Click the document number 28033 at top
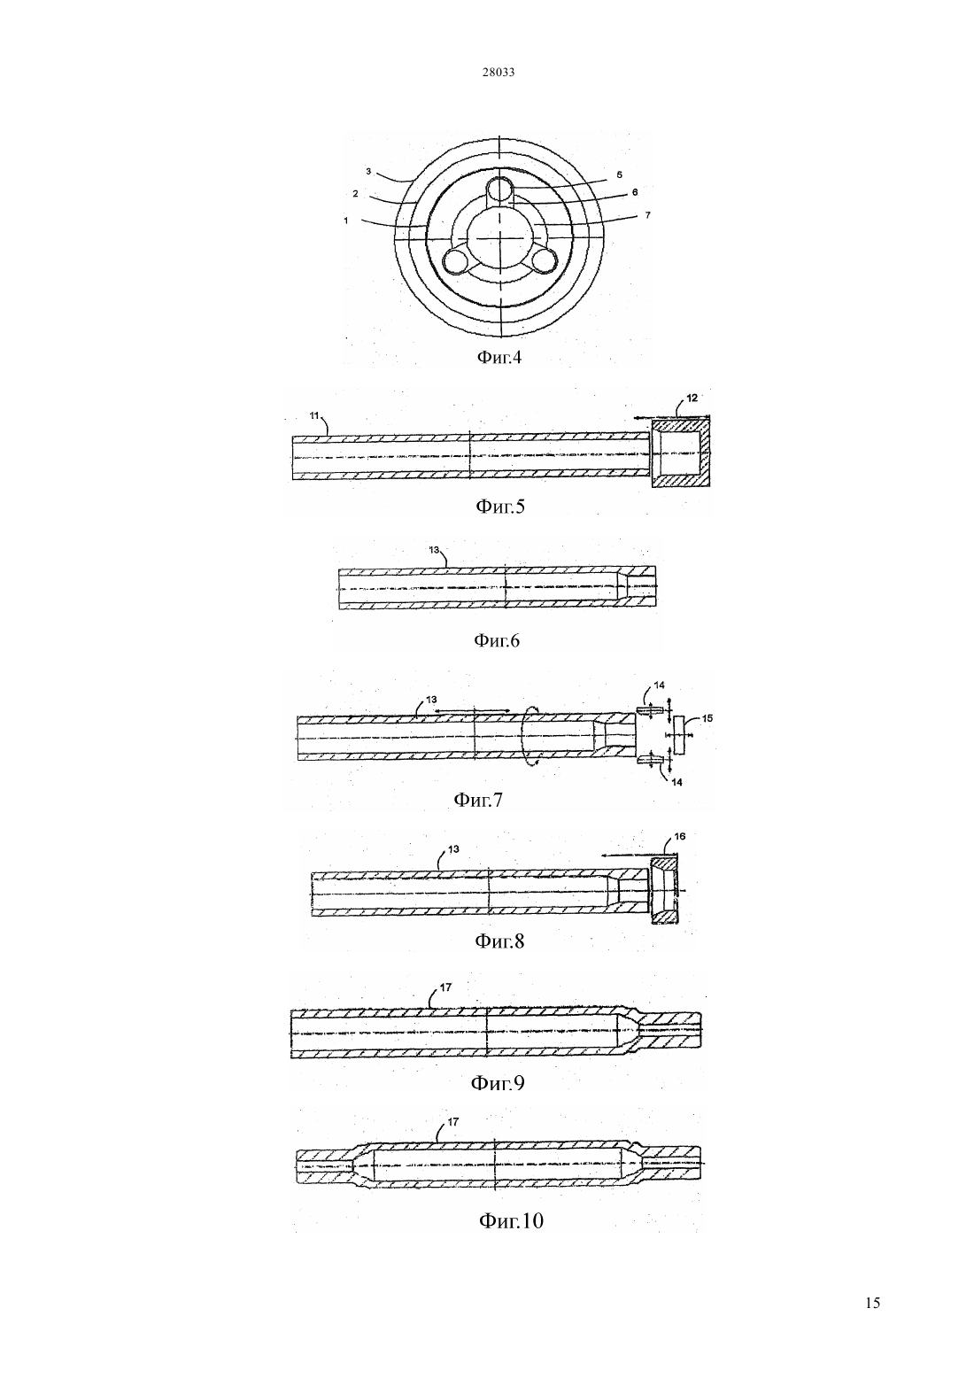click(498, 73)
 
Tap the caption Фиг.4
click(499, 358)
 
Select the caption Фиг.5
click(500, 507)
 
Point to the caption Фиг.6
click(496, 640)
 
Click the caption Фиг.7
click(478, 799)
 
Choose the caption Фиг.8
click(499, 941)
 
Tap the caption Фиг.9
click(498, 1082)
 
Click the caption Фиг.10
click(511, 1219)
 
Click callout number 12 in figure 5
click(692, 398)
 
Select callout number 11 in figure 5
click(314, 416)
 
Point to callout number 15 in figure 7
click(707, 718)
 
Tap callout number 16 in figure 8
click(679, 836)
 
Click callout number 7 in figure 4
click(647, 215)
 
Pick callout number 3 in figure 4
click(368, 172)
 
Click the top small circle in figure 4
click(499, 190)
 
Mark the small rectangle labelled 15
click(679, 734)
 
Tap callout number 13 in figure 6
click(434, 549)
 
